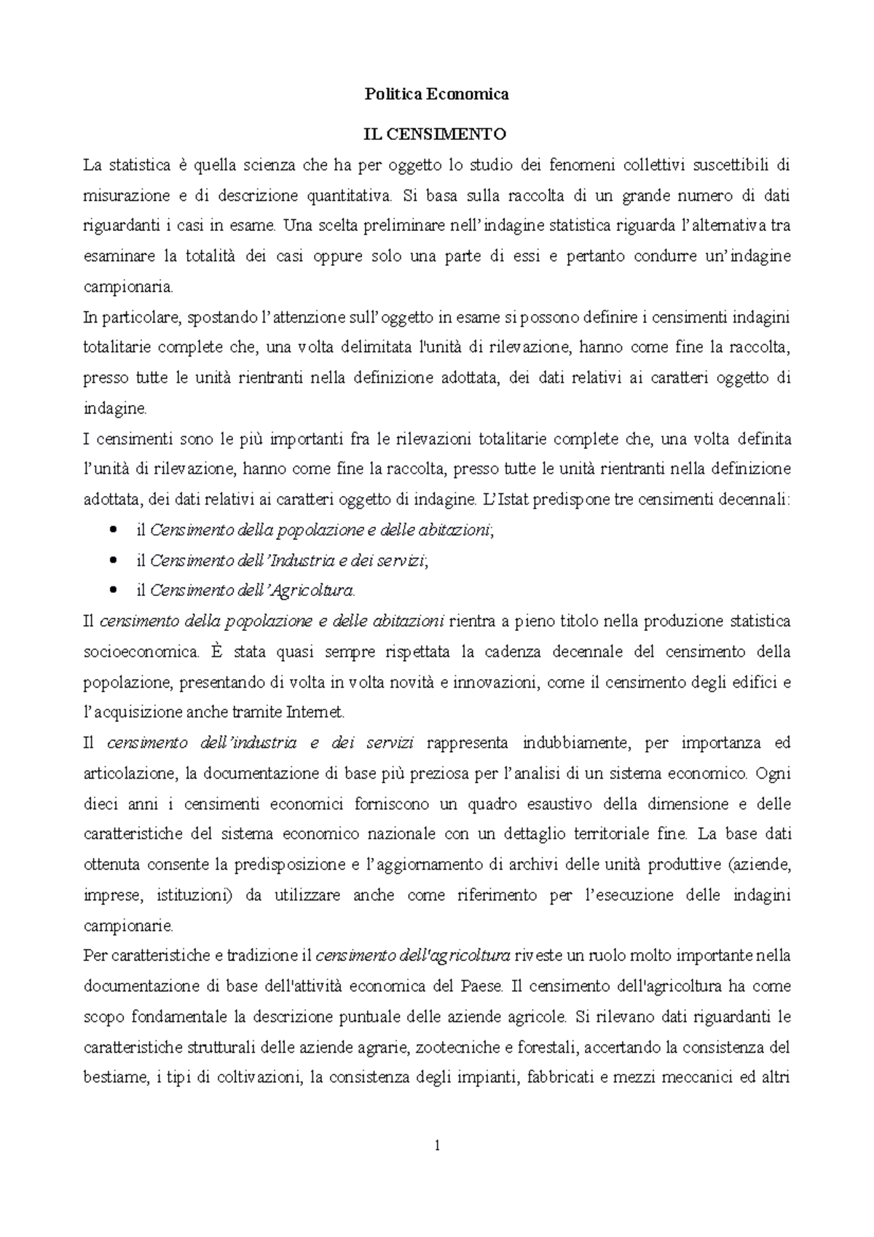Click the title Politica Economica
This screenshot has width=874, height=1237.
pyautogui.click(x=436, y=95)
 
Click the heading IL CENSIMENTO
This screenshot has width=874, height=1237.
pyautogui.click(x=436, y=135)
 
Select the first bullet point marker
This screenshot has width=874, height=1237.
pyautogui.click(x=111, y=530)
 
